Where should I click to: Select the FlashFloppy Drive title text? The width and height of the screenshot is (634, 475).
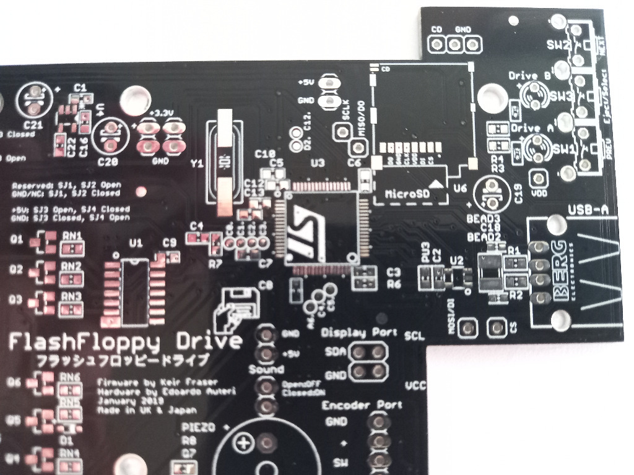tap(124, 341)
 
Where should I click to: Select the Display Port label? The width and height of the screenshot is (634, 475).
tap(360, 333)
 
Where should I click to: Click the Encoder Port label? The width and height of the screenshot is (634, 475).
tap(362, 405)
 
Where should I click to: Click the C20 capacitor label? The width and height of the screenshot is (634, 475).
tap(109, 162)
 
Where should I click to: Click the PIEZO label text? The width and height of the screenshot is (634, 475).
tap(196, 427)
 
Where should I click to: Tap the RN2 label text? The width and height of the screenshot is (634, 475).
tap(72, 266)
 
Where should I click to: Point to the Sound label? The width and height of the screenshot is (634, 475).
tap(266, 370)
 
